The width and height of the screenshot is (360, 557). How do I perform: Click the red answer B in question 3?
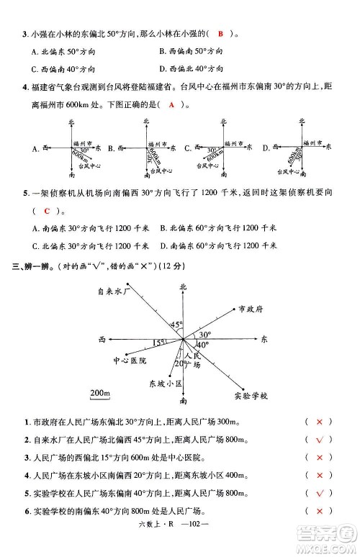(x=221, y=33)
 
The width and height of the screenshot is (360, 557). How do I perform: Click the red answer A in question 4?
(x=171, y=104)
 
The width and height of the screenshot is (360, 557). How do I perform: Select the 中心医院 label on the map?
(x=130, y=360)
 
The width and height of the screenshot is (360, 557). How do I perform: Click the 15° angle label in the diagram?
(x=158, y=343)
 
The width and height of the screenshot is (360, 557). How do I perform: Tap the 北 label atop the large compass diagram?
(x=182, y=287)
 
